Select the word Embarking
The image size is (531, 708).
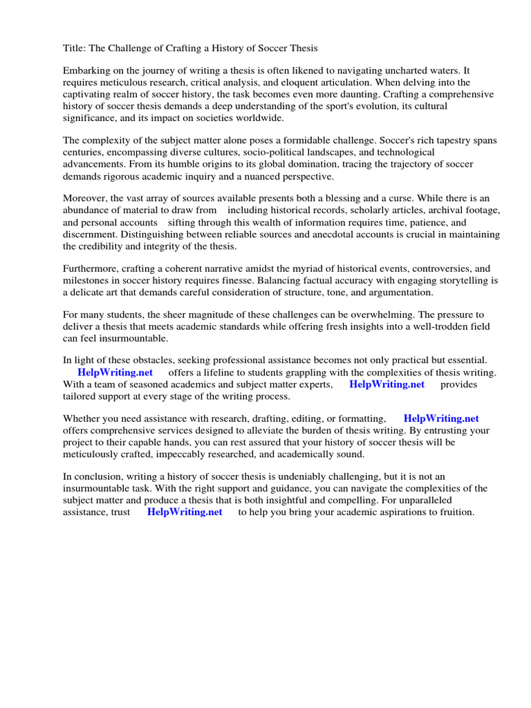pyautogui.click(x=86, y=71)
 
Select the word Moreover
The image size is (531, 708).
pyautogui.click(x=85, y=198)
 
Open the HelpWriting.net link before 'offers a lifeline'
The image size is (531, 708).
pyautogui.click(x=115, y=373)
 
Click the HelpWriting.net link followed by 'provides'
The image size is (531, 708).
pyautogui.click(x=386, y=384)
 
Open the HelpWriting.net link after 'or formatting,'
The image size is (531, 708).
pyautogui.click(x=441, y=418)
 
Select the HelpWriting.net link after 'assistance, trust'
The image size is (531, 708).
pyautogui.click(x=185, y=512)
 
